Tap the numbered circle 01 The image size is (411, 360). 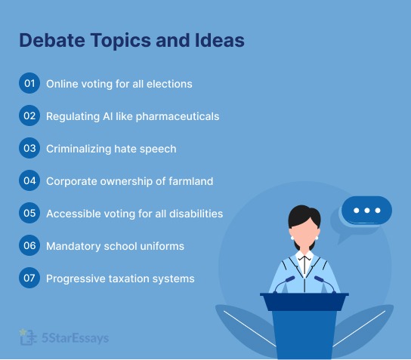pos(29,84)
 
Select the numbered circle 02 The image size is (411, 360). pos(29,116)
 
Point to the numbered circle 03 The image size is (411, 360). pos(29,149)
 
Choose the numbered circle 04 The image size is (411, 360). pos(29,181)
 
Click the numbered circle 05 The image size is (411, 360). pos(29,214)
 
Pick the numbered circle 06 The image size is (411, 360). pos(29,246)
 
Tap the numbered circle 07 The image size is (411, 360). pos(29,278)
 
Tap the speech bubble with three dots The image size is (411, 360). pos(366,211)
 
